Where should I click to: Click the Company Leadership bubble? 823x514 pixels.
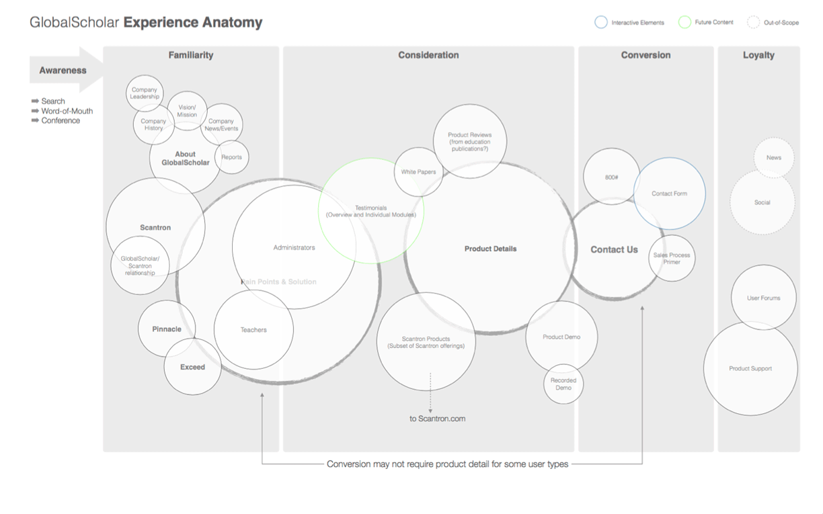click(144, 93)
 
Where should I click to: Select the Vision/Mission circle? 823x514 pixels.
click(187, 111)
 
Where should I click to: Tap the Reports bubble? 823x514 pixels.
click(231, 157)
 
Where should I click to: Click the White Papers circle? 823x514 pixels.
click(418, 172)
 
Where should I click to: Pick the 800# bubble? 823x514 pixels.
click(611, 177)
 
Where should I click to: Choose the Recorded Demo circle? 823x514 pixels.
click(563, 384)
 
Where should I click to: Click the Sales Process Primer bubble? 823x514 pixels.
click(672, 259)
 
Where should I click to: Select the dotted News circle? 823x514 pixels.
click(773, 158)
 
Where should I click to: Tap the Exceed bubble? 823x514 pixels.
click(192, 368)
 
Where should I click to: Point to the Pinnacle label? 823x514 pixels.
click(167, 329)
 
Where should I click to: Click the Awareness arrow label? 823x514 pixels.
click(63, 71)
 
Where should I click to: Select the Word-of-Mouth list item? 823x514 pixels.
click(67, 111)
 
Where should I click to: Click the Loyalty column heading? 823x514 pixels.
click(758, 56)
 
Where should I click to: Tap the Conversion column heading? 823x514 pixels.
click(645, 56)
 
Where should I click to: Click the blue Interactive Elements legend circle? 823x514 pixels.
click(601, 22)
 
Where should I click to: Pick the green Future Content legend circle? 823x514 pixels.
click(684, 22)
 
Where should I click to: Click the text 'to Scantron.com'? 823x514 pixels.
click(437, 419)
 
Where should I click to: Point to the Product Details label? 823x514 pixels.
click(490, 249)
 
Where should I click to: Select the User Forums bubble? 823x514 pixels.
click(763, 298)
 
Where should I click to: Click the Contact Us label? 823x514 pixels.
click(614, 249)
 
